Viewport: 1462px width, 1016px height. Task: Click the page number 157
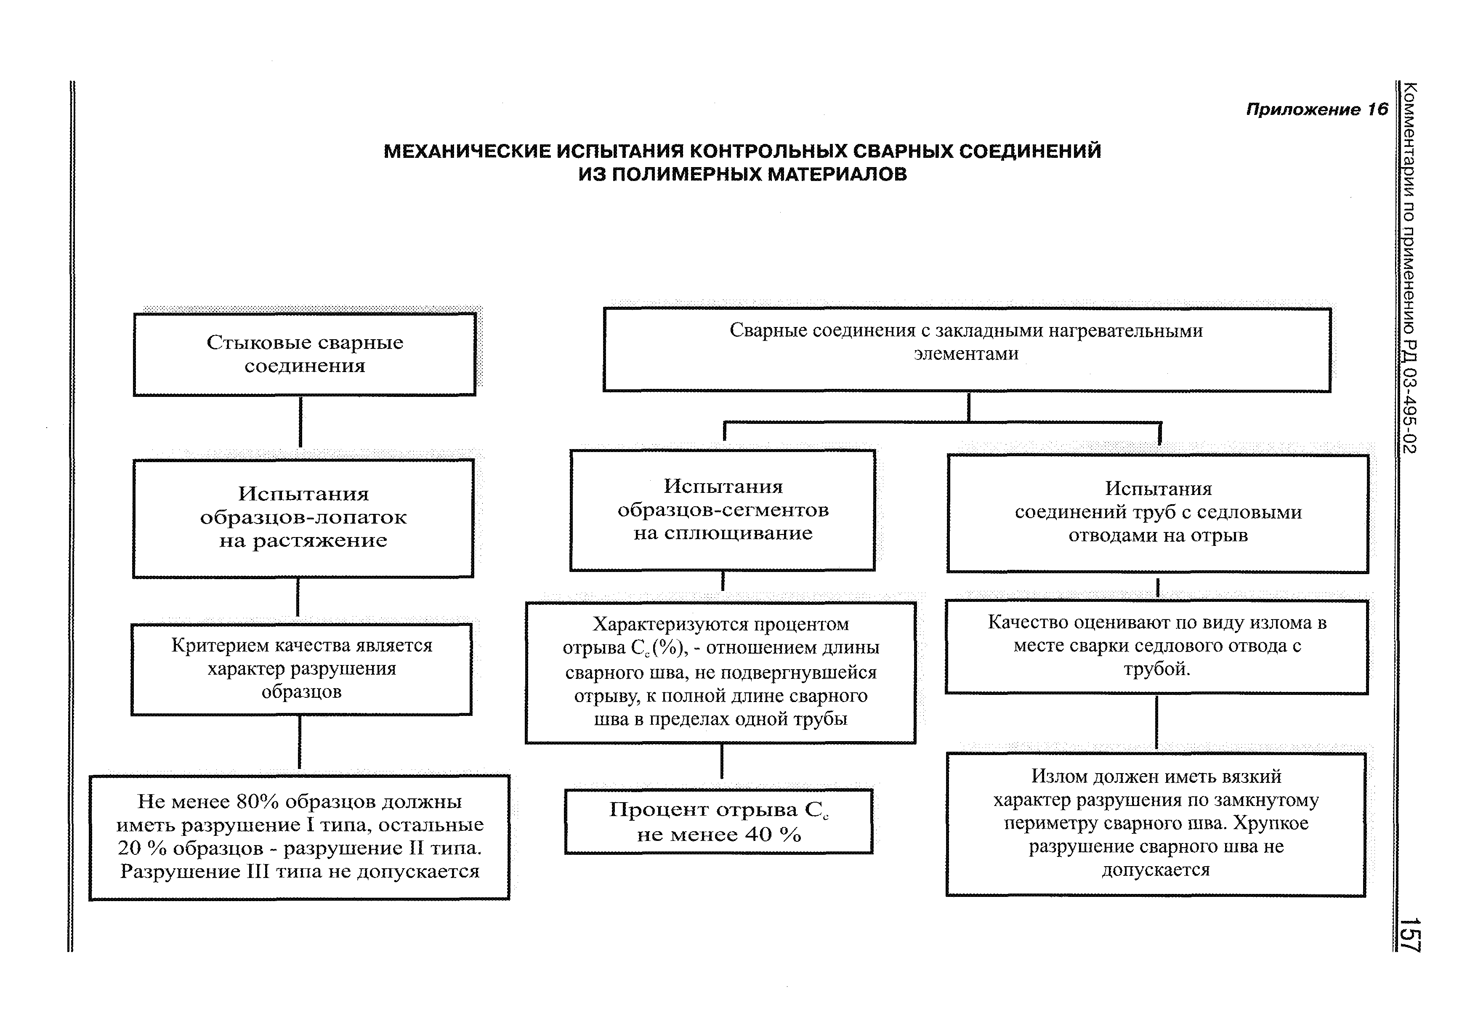[1412, 934]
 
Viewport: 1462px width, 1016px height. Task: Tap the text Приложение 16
[1316, 109]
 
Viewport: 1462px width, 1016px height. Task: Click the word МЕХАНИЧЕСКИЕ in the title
[467, 152]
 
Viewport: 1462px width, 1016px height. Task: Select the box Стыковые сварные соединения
[304, 354]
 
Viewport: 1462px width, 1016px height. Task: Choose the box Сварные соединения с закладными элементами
[966, 349]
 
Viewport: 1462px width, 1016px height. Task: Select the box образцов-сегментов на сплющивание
[723, 510]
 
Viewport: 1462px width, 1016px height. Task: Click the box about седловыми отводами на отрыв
[1157, 513]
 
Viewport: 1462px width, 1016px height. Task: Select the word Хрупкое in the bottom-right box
[1271, 823]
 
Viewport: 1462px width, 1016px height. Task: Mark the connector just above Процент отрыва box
[722, 761]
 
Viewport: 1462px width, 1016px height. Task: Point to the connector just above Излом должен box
[1156, 723]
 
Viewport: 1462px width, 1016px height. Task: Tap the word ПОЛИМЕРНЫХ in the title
[686, 174]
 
